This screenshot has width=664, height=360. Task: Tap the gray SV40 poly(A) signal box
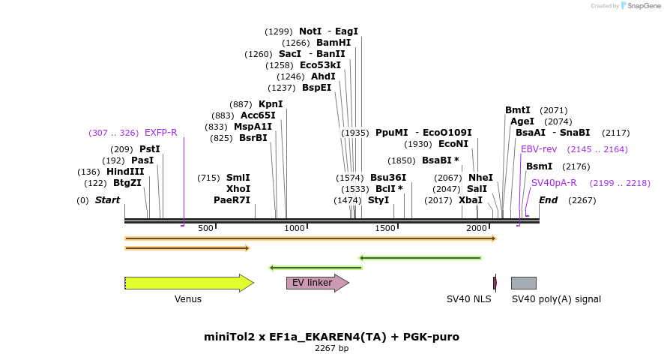[x=523, y=283]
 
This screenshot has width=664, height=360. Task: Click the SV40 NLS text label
[x=468, y=299]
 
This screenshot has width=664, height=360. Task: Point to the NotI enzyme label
[x=310, y=31]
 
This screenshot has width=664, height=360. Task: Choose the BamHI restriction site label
[x=333, y=43]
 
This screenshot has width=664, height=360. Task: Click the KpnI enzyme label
[x=271, y=104]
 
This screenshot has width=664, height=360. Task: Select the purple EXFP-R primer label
[x=160, y=133]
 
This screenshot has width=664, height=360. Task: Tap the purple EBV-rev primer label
[x=539, y=149]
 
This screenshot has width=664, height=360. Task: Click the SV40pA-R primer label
[x=554, y=183]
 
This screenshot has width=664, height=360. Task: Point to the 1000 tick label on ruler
[x=295, y=228]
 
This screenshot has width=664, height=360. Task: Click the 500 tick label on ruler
[x=205, y=228]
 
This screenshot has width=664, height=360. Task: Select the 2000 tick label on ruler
[x=477, y=228]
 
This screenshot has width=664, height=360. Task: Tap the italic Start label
[x=107, y=200]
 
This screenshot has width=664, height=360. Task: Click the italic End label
[x=548, y=200]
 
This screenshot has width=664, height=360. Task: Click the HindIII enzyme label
[x=125, y=172]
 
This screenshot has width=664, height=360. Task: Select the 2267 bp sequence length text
[x=331, y=349]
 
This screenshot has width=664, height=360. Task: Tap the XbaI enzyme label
[x=471, y=200]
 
